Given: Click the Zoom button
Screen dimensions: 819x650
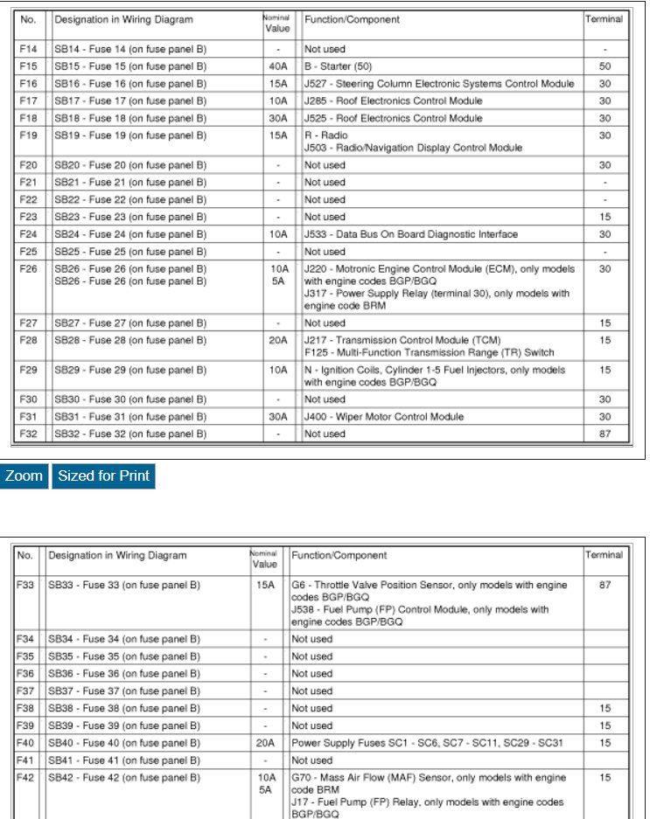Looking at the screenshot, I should pyautogui.click(x=24, y=476).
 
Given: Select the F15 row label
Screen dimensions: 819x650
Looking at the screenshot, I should pyautogui.click(x=28, y=66).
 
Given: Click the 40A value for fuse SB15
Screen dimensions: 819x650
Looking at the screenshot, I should pyautogui.click(x=278, y=66).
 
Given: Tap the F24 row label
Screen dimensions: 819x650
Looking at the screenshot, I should pyautogui.click(x=28, y=234).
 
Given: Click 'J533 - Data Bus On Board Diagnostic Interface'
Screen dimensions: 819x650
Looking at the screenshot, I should pyautogui.click(x=410, y=234).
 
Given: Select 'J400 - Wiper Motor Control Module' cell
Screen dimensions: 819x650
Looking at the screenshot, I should pyautogui.click(x=383, y=417).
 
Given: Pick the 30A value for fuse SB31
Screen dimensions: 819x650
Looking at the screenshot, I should pyautogui.click(x=278, y=417).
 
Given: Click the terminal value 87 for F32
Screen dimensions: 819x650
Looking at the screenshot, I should pyautogui.click(x=605, y=434).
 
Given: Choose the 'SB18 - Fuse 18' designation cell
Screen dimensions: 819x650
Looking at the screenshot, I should pyautogui.click(x=130, y=118).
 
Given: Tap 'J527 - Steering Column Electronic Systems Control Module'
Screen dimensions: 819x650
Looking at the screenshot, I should pyautogui.click(x=439, y=84).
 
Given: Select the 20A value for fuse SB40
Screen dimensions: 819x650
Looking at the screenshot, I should pyautogui.click(x=264, y=743).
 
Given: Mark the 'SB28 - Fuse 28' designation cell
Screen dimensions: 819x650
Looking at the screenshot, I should pyautogui.click(x=130, y=340).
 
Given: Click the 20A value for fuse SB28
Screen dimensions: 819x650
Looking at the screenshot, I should pyautogui.click(x=278, y=340).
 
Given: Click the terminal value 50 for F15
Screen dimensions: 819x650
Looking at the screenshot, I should pyautogui.click(x=605, y=66).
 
